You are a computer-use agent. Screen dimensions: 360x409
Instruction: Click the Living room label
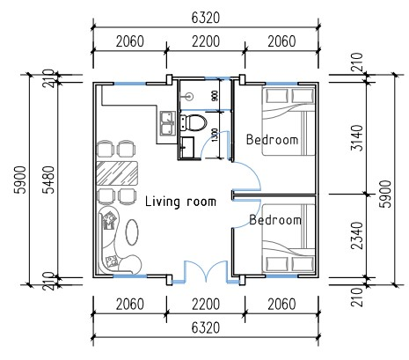[180, 202]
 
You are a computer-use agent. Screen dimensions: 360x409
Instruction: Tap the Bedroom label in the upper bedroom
[272, 140]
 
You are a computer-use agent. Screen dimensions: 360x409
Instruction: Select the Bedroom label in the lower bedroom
[275, 219]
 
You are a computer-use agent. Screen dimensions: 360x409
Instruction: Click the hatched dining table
[116, 172]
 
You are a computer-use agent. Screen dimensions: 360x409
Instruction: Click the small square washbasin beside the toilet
[186, 147]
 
